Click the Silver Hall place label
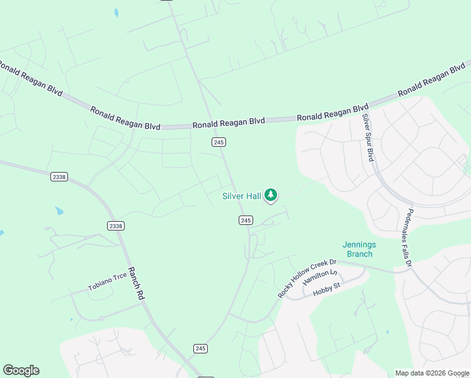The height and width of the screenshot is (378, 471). [x=241, y=196]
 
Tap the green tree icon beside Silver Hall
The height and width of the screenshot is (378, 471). [x=271, y=195]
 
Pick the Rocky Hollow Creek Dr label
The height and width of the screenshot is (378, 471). [x=307, y=278]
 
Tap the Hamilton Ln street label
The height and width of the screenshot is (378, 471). [x=320, y=278]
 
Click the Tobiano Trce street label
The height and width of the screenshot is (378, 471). [x=108, y=282]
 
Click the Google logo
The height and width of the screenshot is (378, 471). [x=21, y=370]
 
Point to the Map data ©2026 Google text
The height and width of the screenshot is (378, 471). [x=432, y=373]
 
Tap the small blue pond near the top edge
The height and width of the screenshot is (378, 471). [x=116, y=13]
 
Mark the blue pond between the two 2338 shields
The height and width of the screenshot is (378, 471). [x=59, y=210]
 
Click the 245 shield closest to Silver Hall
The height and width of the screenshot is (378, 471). [x=246, y=220]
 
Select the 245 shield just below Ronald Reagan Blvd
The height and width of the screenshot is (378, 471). [x=218, y=142]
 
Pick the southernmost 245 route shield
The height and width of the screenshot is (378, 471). [x=201, y=348]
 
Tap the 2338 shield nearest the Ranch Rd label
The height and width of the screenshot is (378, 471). [x=116, y=226]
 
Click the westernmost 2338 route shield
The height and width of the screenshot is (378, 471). [x=59, y=177]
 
